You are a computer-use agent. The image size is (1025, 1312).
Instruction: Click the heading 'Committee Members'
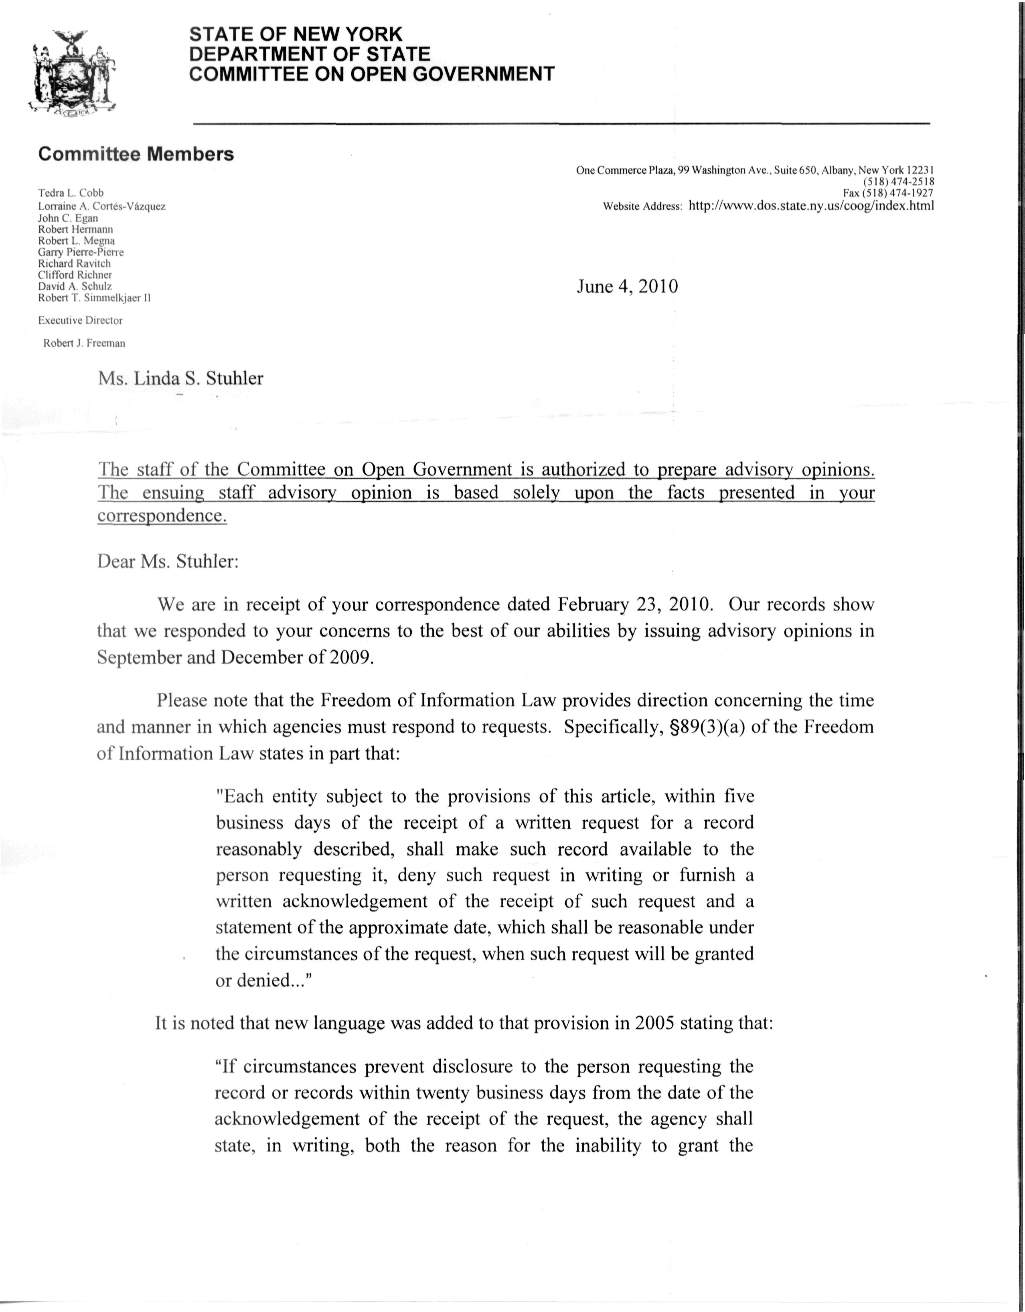tap(136, 154)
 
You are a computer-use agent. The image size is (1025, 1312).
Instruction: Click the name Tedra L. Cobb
tap(71, 193)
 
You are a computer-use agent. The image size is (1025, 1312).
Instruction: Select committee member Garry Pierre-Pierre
tap(81, 252)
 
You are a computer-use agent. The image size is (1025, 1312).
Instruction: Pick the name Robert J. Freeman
tap(84, 344)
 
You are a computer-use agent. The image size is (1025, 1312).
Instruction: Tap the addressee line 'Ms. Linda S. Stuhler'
tap(181, 379)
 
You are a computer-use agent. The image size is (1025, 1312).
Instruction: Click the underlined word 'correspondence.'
tap(162, 515)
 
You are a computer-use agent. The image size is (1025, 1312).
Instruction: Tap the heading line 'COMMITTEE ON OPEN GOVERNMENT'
tap(372, 73)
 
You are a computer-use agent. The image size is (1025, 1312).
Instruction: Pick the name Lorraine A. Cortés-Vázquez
tap(101, 206)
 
